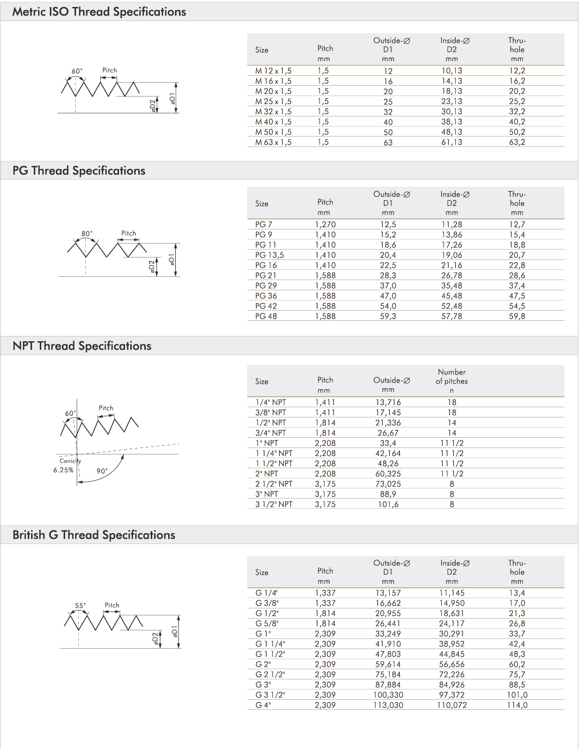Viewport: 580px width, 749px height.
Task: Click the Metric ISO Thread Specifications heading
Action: click(99, 12)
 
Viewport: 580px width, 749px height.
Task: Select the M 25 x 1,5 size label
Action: click(273, 101)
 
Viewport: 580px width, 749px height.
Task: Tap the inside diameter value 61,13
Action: click(451, 142)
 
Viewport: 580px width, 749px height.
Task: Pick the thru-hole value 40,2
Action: click(517, 122)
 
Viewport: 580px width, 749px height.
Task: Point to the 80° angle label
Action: click(87, 233)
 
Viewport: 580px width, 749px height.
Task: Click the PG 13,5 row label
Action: click(270, 255)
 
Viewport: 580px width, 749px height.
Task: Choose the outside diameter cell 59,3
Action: click(388, 316)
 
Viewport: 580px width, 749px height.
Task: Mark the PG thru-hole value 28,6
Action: click(517, 275)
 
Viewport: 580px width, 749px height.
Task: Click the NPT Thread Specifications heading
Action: click(82, 346)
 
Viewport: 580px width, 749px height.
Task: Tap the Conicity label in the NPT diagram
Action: click(70, 460)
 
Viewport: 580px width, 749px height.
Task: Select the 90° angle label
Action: click(102, 471)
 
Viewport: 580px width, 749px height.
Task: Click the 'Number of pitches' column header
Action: click(451, 377)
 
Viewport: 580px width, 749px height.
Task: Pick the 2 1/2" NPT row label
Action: click(274, 484)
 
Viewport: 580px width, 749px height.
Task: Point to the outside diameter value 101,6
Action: click(388, 504)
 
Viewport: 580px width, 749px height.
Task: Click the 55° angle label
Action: click(80, 606)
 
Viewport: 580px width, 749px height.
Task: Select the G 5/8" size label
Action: click(267, 623)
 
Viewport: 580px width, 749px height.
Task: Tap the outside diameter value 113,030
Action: click(388, 705)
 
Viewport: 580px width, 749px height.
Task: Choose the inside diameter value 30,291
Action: click(451, 634)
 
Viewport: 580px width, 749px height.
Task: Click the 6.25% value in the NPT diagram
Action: click(63, 470)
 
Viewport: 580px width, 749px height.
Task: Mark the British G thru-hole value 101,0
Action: click(517, 695)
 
